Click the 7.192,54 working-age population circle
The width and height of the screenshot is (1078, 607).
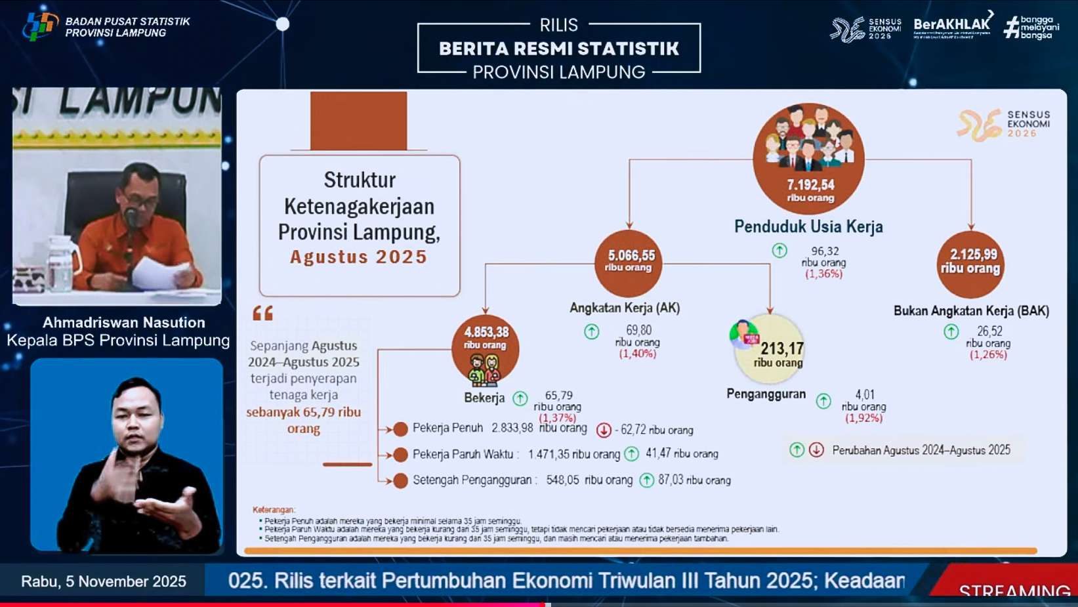point(808,158)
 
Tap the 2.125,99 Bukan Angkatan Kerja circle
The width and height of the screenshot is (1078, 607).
point(970,264)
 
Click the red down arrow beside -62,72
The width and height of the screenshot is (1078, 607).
point(604,430)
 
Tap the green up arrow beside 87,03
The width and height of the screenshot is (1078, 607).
point(646,480)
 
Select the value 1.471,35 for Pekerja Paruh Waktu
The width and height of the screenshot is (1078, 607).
point(549,454)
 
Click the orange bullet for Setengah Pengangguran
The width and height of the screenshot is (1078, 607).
point(400,480)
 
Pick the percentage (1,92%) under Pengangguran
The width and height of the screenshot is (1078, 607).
point(863,418)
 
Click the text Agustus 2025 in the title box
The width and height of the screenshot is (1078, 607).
point(359,257)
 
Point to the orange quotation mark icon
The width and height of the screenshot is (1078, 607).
point(262,313)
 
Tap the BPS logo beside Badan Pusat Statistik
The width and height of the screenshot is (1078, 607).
point(39,26)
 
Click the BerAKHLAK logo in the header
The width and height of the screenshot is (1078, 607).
point(952,26)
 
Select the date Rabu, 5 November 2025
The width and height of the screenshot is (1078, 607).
point(104,581)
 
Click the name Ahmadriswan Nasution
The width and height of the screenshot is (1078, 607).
point(124,322)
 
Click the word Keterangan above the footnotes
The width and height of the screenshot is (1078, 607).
point(274,510)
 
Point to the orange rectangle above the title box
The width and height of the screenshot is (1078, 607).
point(358,121)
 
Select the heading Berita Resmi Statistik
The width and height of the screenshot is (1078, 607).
point(559,49)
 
